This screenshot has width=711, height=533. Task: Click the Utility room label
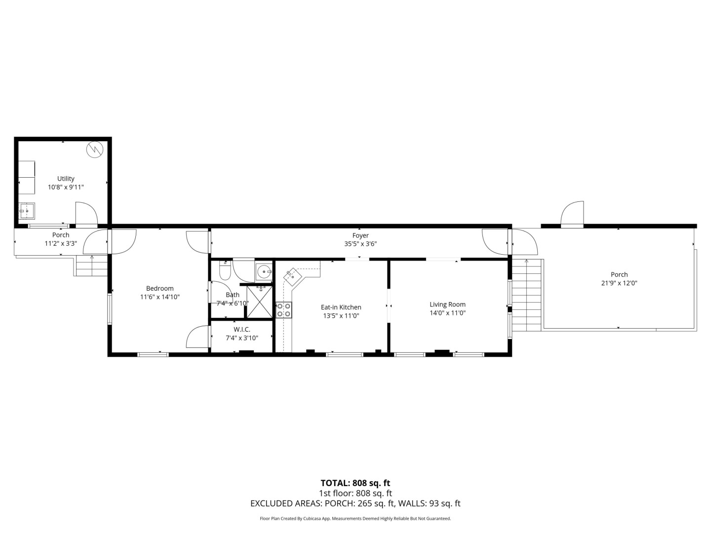tap(66, 178)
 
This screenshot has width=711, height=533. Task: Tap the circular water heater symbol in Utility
tap(95, 150)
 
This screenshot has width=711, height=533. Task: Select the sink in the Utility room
tap(27, 211)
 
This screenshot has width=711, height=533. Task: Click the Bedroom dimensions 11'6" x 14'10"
tap(159, 297)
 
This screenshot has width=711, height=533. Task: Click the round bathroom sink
tap(264, 272)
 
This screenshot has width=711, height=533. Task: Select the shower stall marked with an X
tap(260, 302)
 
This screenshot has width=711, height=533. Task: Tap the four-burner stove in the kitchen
tap(284, 310)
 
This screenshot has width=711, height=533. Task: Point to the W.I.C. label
tap(241, 330)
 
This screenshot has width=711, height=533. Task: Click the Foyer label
tap(360, 235)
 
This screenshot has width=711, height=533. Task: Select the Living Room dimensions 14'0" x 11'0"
tap(448, 313)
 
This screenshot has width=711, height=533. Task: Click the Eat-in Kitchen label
tap(341, 307)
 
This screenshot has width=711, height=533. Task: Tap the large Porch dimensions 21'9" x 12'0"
tap(619, 283)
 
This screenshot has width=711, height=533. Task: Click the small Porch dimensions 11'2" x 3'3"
tap(61, 243)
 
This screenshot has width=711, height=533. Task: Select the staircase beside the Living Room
tap(526, 295)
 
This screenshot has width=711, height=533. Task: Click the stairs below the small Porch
tap(92, 266)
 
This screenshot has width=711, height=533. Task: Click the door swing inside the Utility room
tap(86, 213)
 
